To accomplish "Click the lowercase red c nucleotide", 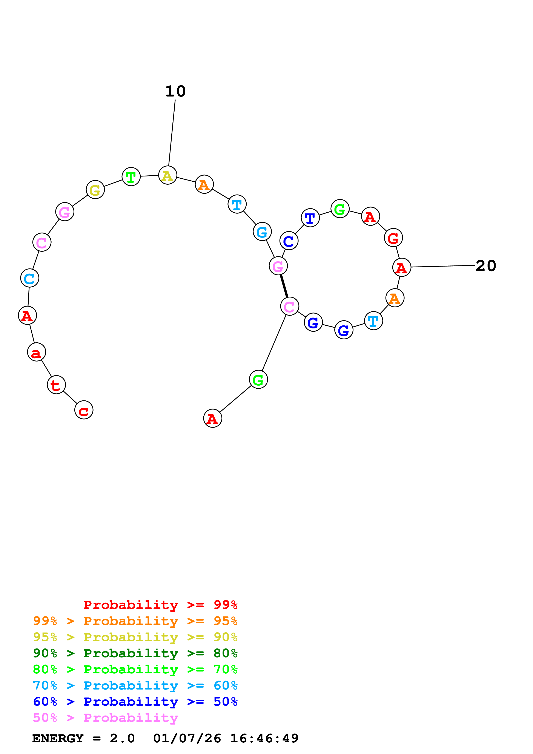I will (84, 410).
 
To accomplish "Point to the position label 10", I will (175, 91).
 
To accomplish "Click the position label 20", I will (485, 266).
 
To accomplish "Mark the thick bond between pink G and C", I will (284, 286).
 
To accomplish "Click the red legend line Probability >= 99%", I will (160, 605).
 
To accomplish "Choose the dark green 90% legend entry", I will (135, 653).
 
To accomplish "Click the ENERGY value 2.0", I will (122, 739).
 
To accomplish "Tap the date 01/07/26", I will (187, 739).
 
